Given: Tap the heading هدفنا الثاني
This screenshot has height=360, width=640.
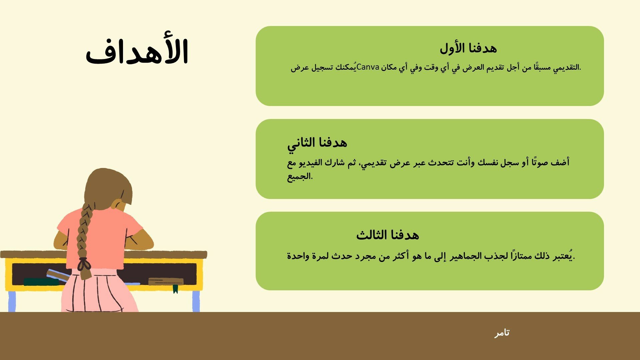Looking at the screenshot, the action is pyautogui.click(x=317, y=143).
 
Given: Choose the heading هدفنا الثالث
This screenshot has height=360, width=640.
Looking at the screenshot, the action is pyautogui.click(x=387, y=235).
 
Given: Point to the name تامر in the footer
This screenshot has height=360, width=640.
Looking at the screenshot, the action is pyautogui.click(x=502, y=333).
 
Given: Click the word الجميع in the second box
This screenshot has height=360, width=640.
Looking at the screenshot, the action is pyautogui.click(x=300, y=176).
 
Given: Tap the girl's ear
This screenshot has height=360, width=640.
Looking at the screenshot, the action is pyautogui.click(x=118, y=204).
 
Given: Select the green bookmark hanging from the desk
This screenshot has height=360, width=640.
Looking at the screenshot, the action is pyautogui.click(x=175, y=289).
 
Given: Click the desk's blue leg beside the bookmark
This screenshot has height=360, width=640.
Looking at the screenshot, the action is pyautogui.click(x=196, y=301).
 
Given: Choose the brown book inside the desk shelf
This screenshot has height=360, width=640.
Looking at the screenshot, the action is pyautogui.click(x=166, y=282).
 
